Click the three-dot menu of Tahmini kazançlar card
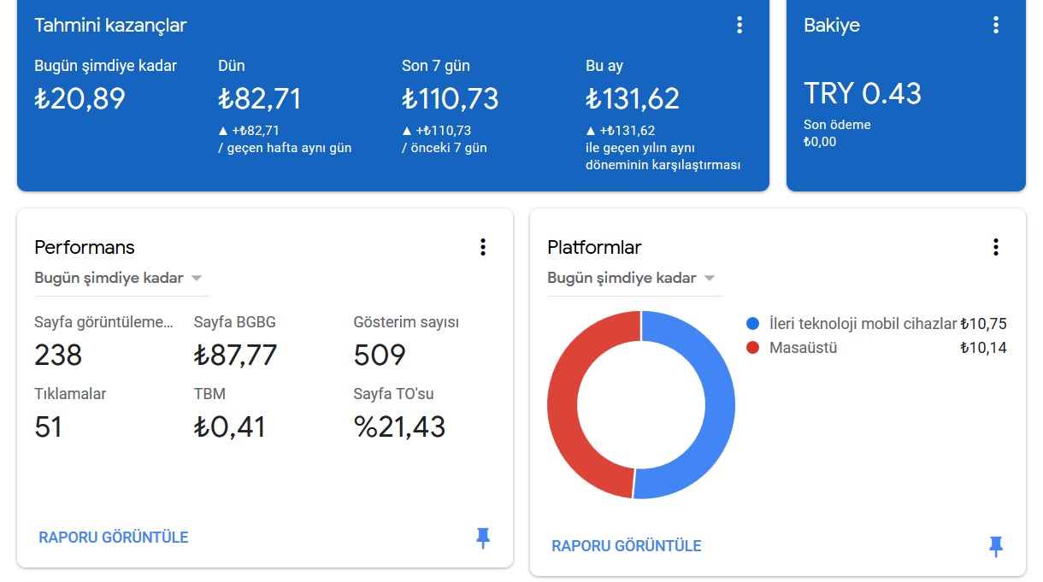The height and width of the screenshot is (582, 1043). tap(740, 25)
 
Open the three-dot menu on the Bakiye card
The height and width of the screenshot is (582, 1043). tap(996, 25)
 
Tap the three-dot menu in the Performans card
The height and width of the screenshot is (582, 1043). tap(483, 247)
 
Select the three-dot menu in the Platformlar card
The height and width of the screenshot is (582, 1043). tap(996, 247)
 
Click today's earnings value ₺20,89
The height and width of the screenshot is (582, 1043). tap(80, 98)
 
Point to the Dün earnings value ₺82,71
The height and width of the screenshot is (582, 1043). tap(259, 98)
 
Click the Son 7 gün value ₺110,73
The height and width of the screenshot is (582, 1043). tap(450, 98)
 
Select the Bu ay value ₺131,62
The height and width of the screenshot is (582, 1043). tap(633, 98)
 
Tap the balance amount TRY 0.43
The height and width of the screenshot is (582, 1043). tap(863, 93)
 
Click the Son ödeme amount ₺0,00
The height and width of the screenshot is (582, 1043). tap(820, 142)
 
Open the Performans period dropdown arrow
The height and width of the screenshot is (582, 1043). tap(197, 279)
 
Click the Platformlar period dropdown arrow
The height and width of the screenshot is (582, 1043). tap(709, 279)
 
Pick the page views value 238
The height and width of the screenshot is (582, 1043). tap(58, 355)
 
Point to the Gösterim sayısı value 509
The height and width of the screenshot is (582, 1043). tap(380, 355)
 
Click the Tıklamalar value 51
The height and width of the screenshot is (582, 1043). tap(48, 426)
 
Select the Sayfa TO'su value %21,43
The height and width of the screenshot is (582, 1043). tap(399, 426)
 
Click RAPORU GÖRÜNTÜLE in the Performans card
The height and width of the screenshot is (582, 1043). tap(113, 538)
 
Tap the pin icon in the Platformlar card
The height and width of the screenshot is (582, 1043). tap(996, 547)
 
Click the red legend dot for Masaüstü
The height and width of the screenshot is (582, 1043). tap(752, 348)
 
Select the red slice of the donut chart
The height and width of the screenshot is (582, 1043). tap(563, 405)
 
